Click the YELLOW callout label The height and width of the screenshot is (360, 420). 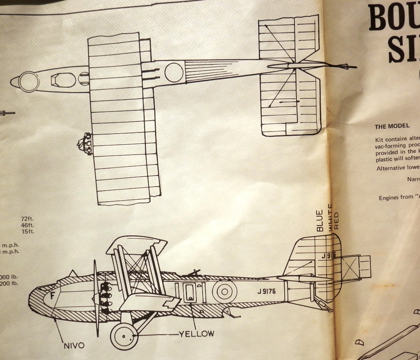(x=196, y=334)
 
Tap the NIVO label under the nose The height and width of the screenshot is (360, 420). (x=74, y=345)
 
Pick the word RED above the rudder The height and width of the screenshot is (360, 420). (x=337, y=221)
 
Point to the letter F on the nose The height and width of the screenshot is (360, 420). (x=52, y=296)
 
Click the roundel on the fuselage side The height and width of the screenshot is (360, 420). (x=224, y=292)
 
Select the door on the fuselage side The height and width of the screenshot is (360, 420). (x=189, y=292)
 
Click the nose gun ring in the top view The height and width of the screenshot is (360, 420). (x=29, y=81)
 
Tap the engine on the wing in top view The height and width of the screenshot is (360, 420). (x=86, y=143)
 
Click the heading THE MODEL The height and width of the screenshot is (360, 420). (x=392, y=126)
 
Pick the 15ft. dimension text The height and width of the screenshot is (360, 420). (x=28, y=232)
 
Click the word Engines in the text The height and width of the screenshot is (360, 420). (x=390, y=197)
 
